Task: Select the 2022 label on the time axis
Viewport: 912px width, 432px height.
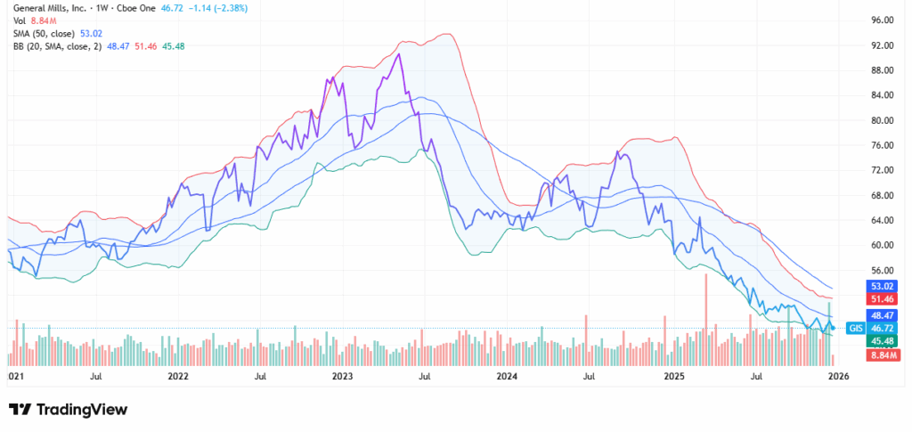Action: pyautogui.click(x=178, y=377)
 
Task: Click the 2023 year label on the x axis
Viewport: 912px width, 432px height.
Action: pyautogui.click(x=343, y=377)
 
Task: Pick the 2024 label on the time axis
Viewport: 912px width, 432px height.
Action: pyautogui.click(x=507, y=377)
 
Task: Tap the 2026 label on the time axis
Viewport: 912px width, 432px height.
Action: pyautogui.click(x=837, y=377)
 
